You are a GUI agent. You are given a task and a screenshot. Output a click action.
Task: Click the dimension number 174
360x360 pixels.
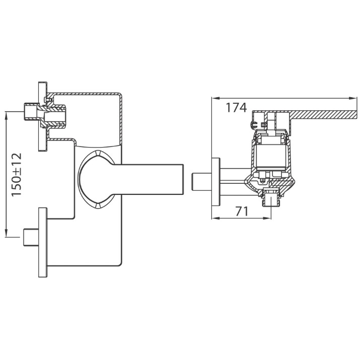point(236,107)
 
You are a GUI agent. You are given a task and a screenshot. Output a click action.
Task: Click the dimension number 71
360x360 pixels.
point(242,211)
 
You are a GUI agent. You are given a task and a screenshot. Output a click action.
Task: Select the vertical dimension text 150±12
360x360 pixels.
point(17,175)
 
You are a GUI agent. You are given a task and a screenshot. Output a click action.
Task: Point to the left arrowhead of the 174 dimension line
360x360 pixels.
point(214,98)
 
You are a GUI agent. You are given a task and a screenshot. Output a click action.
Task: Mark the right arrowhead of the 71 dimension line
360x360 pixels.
point(268,218)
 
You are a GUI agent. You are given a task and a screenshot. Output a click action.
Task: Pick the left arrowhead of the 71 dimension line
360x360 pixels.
point(214,218)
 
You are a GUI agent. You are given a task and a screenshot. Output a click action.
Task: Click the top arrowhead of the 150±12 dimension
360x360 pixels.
point(6,115)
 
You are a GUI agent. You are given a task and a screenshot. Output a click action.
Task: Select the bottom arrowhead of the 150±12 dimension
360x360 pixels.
point(6,233)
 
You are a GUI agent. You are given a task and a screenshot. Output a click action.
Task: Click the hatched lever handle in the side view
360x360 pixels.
point(321,115)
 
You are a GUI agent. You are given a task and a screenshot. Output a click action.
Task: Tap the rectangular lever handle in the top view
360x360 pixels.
point(149,180)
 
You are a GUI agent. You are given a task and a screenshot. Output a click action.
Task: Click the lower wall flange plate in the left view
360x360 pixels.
point(43,243)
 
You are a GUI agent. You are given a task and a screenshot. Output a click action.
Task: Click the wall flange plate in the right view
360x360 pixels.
point(216,182)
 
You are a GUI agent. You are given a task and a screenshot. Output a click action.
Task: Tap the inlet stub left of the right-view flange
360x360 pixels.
point(201,182)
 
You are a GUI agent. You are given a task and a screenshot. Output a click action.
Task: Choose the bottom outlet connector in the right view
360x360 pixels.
point(271,197)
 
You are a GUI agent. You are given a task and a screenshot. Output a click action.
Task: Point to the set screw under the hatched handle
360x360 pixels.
point(254,125)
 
